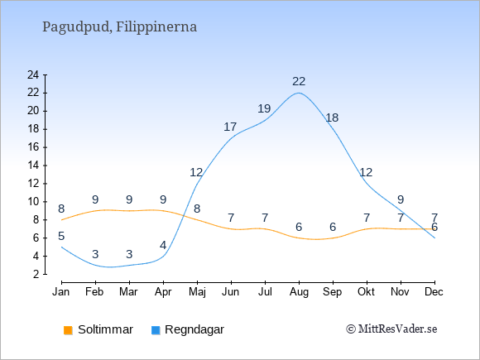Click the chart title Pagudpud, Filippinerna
coord(119,27)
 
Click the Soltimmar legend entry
coord(98,329)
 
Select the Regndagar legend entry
coord(188,329)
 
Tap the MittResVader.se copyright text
coord(391,329)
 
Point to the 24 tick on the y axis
coord(33,74)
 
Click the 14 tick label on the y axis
coord(33,166)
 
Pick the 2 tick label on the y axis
coord(36,274)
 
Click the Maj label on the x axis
coord(197,292)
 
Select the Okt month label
coord(366,292)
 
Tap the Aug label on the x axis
coord(299,292)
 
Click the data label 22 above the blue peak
coord(299,81)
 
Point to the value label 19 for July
coord(264,108)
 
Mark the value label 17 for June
coord(230,127)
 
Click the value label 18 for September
coord(332,118)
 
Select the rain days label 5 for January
coord(61,236)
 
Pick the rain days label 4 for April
coord(163,245)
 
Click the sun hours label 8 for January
coord(61,209)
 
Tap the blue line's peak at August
coord(299,93)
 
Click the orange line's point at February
coord(95,211)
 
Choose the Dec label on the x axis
coord(434,292)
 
